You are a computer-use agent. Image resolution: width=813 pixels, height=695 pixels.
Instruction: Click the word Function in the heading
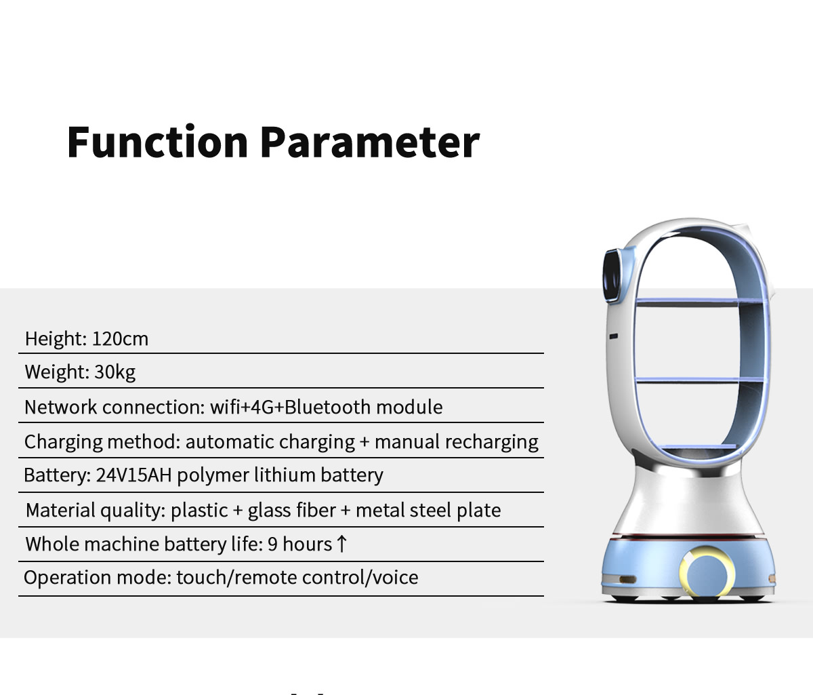(157, 142)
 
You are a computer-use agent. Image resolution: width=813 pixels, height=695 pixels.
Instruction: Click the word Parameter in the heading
(370, 142)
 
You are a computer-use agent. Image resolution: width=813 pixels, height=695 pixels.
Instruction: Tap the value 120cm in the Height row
(121, 339)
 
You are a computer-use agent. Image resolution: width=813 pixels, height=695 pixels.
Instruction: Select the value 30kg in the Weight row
(115, 372)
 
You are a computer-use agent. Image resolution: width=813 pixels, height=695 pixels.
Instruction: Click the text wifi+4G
(241, 407)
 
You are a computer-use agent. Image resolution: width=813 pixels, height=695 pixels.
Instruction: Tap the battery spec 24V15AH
(133, 475)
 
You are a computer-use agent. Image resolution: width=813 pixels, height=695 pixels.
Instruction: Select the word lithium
(285, 475)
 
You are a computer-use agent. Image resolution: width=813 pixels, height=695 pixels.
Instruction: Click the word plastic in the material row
(199, 511)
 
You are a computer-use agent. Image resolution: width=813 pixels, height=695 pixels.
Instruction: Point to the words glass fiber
(291, 511)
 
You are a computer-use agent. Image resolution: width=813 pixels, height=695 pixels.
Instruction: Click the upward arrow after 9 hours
(341, 544)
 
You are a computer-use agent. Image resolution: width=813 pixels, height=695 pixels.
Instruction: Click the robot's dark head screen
(611, 276)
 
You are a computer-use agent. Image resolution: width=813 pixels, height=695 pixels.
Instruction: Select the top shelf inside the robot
(699, 302)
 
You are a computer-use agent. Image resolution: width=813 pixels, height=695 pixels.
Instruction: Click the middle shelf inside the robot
(699, 380)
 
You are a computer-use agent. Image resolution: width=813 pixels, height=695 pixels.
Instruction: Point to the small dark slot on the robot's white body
(613, 336)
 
